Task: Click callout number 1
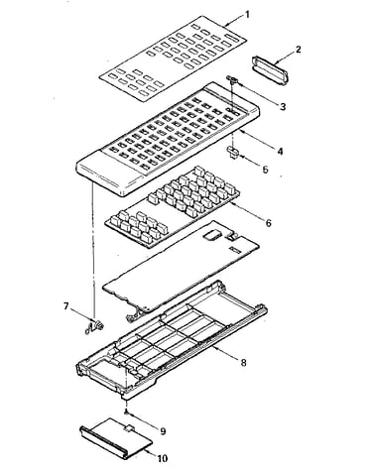(x=247, y=15)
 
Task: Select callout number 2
(x=299, y=50)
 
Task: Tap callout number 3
(x=283, y=106)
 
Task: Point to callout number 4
(x=280, y=151)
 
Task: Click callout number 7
(x=66, y=306)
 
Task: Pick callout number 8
(x=243, y=363)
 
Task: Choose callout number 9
(x=163, y=431)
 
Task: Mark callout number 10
(x=163, y=458)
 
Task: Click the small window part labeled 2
(x=270, y=71)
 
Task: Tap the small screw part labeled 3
(x=232, y=79)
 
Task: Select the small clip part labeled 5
(x=232, y=154)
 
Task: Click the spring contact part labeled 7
(x=95, y=327)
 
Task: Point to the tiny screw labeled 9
(x=126, y=412)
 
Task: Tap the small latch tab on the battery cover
(x=128, y=427)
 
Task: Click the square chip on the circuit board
(x=212, y=235)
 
